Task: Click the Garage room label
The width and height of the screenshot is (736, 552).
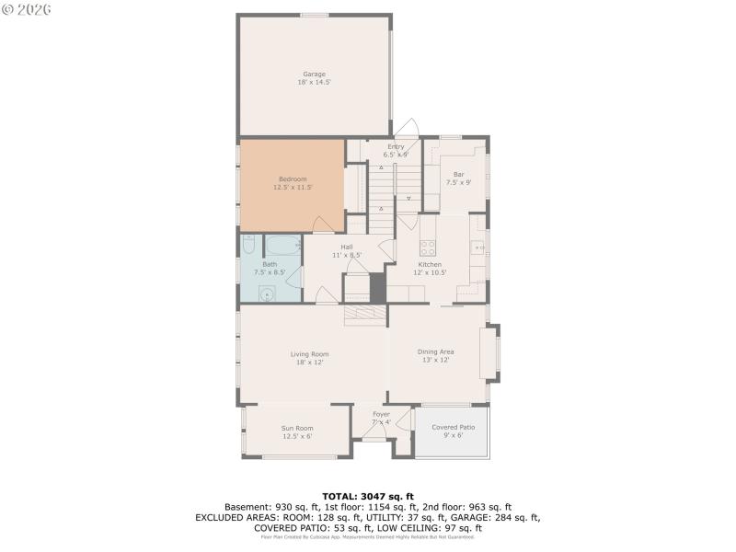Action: (314, 75)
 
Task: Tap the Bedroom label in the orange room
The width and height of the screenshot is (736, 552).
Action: (293, 178)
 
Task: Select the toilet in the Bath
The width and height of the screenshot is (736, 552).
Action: (248, 244)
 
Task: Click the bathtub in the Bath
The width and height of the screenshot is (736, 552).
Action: (282, 245)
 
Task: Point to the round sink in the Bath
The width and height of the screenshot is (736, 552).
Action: (266, 293)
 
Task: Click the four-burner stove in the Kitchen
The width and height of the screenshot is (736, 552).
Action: (428, 247)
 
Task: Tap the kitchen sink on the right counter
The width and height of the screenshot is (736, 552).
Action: (477, 247)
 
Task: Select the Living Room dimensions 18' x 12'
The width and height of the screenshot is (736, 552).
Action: (309, 362)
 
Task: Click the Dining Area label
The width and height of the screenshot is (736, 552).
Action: (435, 351)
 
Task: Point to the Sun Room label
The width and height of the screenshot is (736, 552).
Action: (297, 428)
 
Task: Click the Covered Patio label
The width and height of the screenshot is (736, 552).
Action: (453, 427)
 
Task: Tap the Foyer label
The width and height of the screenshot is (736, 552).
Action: (381, 414)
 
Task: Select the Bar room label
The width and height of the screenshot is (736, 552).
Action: (458, 174)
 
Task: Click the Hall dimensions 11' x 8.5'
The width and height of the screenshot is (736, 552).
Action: (347, 255)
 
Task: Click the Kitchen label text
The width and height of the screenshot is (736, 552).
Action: (431, 264)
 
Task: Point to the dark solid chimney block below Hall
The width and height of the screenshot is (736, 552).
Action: (377, 287)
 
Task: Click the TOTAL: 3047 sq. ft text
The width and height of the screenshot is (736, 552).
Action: (367, 497)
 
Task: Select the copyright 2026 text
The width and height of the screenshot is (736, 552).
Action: (27, 8)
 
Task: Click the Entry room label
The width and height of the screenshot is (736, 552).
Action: (396, 146)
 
